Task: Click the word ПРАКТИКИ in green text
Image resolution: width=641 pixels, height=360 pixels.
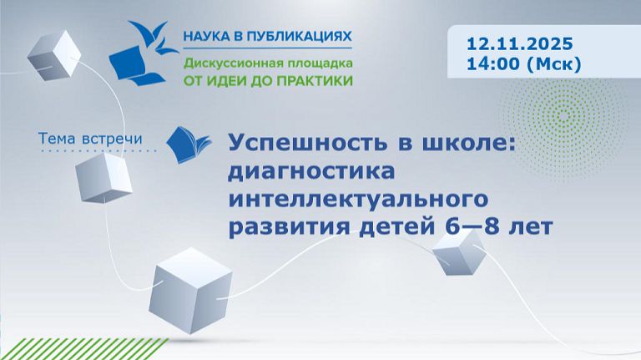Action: tap(315, 81)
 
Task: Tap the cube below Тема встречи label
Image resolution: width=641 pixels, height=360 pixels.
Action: tap(103, 178)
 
